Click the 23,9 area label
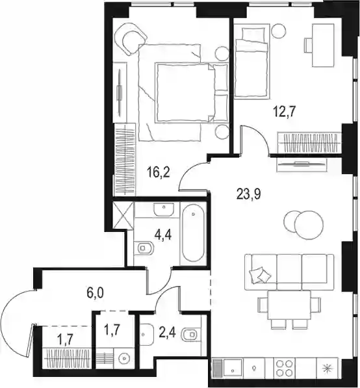pos(249,194)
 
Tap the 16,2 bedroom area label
pos(158,172)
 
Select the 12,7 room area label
pos(285,112)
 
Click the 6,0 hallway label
pos(95,293)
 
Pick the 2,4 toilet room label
pos(168,333)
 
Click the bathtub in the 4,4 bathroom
pos(193,233)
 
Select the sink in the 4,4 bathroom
pos(164,209)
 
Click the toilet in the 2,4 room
pos(191,335)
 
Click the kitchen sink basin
pos(233,369)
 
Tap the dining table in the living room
pos(289,305)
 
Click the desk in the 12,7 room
pos(323,45)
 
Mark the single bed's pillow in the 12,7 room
pos(252,34)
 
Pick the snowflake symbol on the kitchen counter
pos(327,369)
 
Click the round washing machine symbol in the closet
pos(124,358)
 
